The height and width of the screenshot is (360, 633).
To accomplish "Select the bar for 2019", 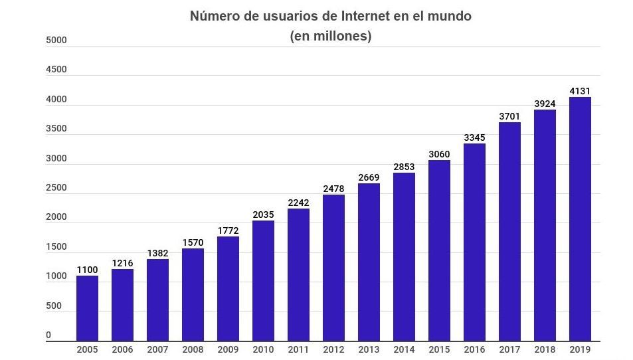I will click(x=580, y=219).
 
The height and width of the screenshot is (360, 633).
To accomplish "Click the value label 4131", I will click(x=580, y=91).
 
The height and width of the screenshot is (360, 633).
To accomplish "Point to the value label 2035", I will click(x=263, y=214).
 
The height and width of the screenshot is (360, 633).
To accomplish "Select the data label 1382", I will click(x=157, y=252).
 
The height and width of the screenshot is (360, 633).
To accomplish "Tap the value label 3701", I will click(x=509, y=116).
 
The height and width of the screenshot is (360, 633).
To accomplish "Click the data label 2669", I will click(x=369, y=177).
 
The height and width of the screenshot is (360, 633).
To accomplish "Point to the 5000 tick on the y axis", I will click(x=56, y=41).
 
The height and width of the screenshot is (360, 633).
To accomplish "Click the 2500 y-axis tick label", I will click(x=56, y=188).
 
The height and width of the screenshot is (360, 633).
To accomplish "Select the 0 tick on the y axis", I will click(x=48, y=336).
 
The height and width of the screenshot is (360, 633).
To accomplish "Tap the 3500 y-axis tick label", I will click(x=56, y=129).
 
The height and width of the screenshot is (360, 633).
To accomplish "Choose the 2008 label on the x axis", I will click(x=193, y=349).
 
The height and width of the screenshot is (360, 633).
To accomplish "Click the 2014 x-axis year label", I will click(x=404, y=349).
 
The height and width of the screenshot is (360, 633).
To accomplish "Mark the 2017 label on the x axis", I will click(x=509, y=349).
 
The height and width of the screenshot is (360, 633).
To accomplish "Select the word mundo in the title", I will click(x=452, y=17).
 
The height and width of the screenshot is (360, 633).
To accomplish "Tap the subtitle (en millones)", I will click(x=330, y=36).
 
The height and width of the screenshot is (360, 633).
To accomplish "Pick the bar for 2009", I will click(x=228, y=288).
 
